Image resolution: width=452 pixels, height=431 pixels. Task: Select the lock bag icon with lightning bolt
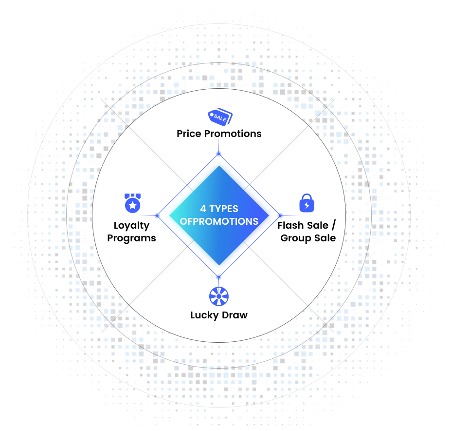point(307,203)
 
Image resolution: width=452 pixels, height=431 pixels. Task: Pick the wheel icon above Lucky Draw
point(219,296)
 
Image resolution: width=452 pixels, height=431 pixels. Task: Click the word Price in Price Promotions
point(189,134)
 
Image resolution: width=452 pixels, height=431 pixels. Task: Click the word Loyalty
point(131,226)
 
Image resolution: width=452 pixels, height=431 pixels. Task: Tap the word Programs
point(131,238)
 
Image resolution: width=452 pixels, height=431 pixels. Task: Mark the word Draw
point(235,315)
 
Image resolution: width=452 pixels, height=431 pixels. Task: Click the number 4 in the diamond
point(203,209)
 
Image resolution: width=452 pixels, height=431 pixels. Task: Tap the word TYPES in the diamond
point(224,209)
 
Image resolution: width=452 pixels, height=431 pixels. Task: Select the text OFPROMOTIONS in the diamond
point(219,221)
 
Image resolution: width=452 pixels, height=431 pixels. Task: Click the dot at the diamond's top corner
point(219,154)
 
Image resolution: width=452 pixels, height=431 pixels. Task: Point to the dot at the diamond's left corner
point(157,215)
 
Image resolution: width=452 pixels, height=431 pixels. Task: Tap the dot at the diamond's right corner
point(280,215)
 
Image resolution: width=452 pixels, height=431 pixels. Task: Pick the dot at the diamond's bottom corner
point(219,277)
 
